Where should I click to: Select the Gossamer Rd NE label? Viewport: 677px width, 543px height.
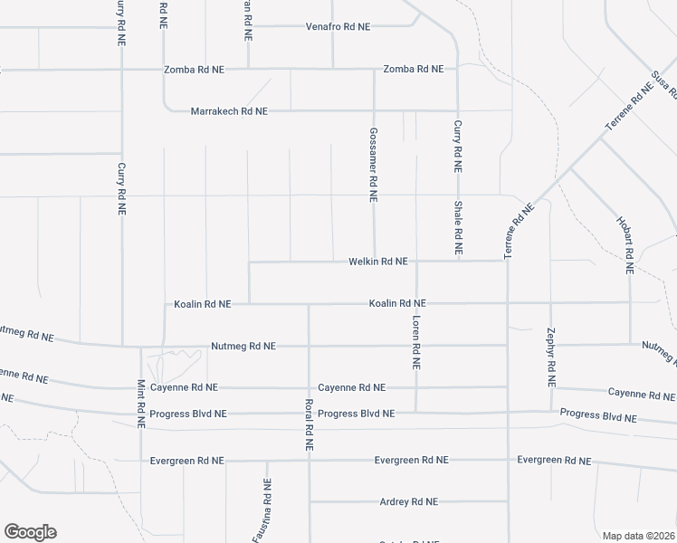pos(373,164)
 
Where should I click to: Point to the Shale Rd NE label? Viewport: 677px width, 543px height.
pos(459,226)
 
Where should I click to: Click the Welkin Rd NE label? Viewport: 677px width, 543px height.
pos(378,262)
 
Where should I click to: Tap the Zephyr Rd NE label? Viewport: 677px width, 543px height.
pos(550,357)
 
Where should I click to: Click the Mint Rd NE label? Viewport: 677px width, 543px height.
pos(141,403)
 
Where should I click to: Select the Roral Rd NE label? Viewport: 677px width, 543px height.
pos(309,424)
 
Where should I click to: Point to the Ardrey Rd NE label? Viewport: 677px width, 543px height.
pos(408,501)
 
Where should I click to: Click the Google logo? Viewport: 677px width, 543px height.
pos(30,532)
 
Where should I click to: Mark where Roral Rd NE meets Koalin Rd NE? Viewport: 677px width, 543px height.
pos(309,304)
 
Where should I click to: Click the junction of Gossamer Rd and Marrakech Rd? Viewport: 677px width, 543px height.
pos(374,111)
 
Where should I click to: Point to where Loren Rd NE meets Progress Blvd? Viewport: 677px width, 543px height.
pos(416,413)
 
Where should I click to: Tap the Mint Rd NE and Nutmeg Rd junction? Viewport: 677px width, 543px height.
pos(140,347)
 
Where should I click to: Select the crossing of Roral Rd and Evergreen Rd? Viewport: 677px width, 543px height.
pos(309,460)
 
